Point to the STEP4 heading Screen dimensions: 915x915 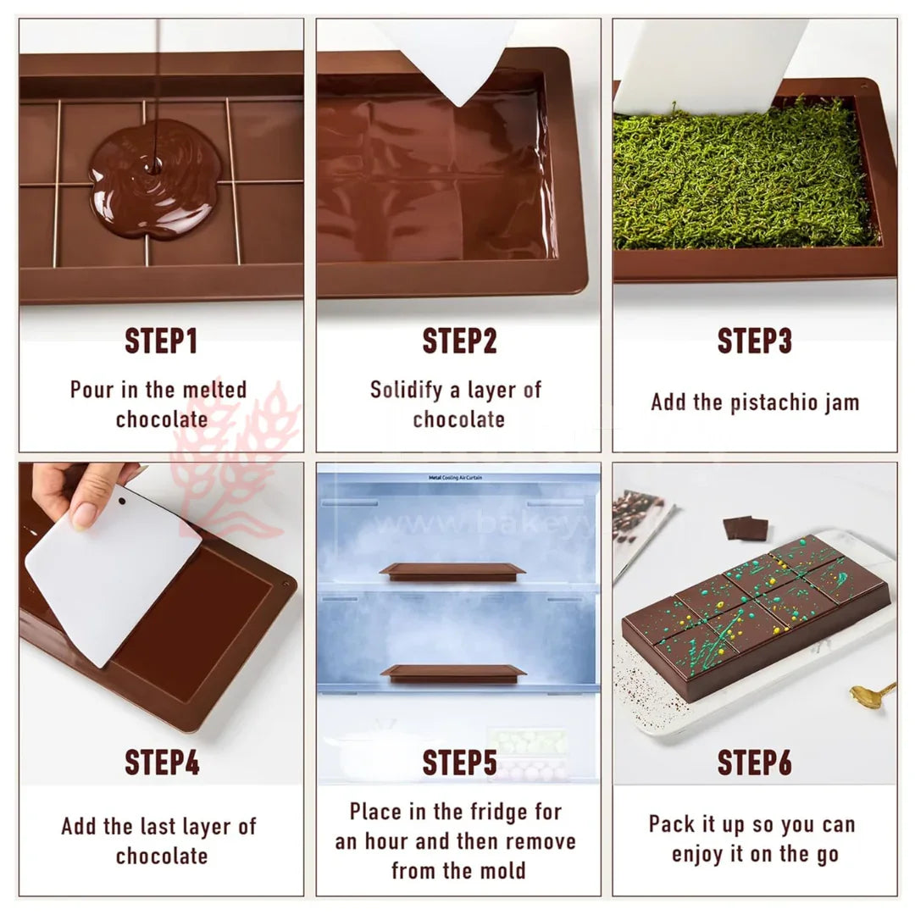click(x=161, y=762)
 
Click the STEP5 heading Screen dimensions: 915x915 click(x=458, y=762)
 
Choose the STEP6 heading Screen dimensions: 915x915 click(x=754, y=762)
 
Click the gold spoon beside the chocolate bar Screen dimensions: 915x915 click(x=871, y=694)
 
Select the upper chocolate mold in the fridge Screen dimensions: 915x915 click(x=452, y=571)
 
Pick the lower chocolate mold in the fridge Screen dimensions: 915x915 click(x=452, y=673)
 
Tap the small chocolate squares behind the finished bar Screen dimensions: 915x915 click(x=746, y=528)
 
